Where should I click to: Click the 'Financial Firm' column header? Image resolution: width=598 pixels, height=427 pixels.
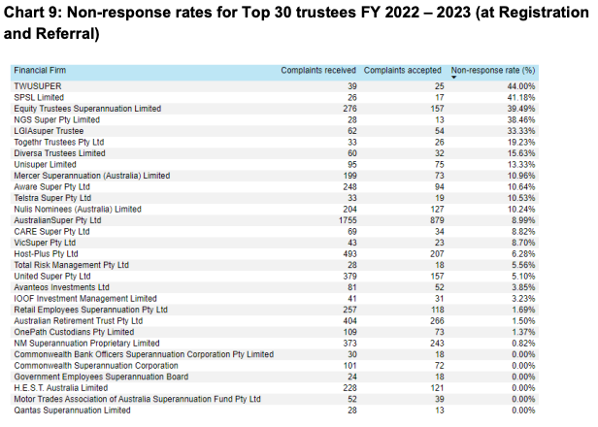[x=39, y=71]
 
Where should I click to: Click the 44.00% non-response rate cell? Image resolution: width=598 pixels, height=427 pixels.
[x=518, y=86]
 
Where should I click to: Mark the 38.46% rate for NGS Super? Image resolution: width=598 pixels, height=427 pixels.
[x=518, y=119]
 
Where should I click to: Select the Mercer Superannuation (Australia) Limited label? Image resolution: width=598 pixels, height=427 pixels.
[x=91, y=176]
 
